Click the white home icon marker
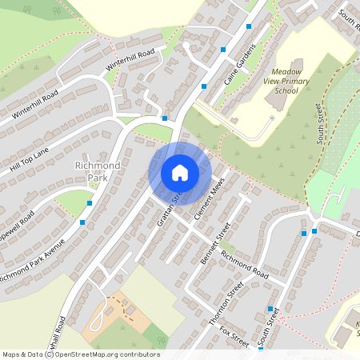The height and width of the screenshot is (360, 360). pos(180,173)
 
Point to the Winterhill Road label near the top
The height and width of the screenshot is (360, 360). pos(130,58)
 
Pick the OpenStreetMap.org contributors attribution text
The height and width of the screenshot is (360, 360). pos(104,354)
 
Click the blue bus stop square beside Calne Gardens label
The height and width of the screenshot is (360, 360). pos(204,86)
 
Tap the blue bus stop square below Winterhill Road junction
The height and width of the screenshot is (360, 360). pos(165,118)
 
